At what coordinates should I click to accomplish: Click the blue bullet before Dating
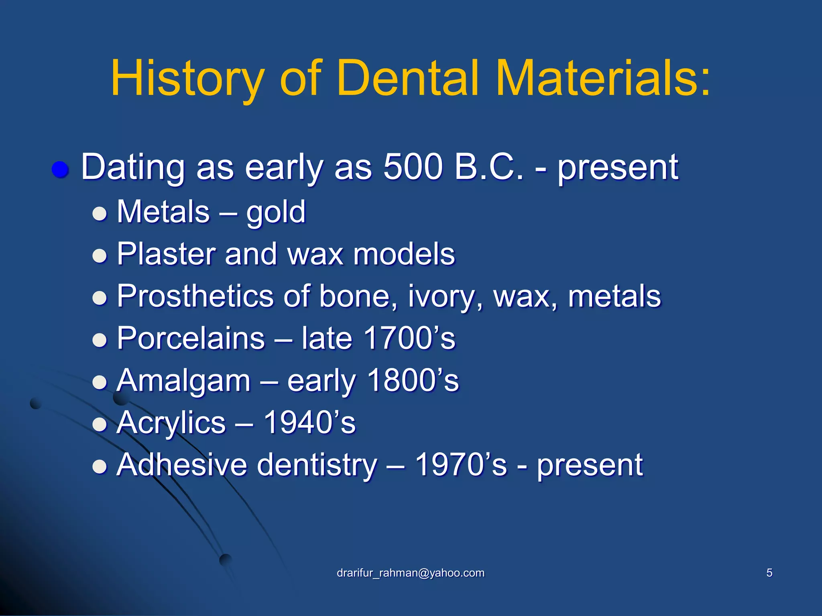click(61, 170)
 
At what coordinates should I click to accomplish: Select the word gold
click(276, 213)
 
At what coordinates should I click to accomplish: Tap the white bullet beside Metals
click(100, 214)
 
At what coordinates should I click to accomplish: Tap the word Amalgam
click(183, 381)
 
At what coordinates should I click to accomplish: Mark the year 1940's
click(309, 423)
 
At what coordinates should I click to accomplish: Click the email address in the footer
click(411, 573)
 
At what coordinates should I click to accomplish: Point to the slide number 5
click(769, 573)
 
